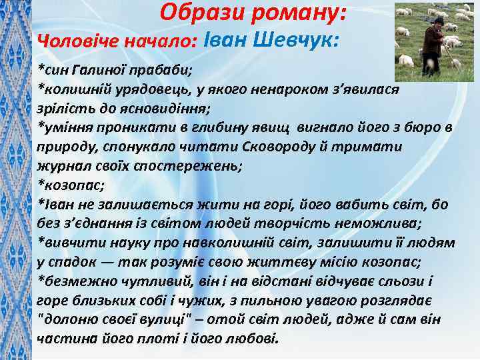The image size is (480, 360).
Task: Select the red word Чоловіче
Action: click(x=77, y=41)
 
